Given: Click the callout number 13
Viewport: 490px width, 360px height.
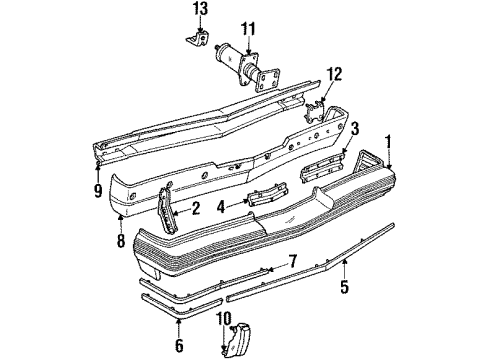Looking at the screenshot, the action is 202,9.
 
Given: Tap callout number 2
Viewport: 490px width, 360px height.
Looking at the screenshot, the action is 197,209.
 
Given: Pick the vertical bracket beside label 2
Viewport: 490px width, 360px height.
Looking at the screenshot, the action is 167,208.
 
